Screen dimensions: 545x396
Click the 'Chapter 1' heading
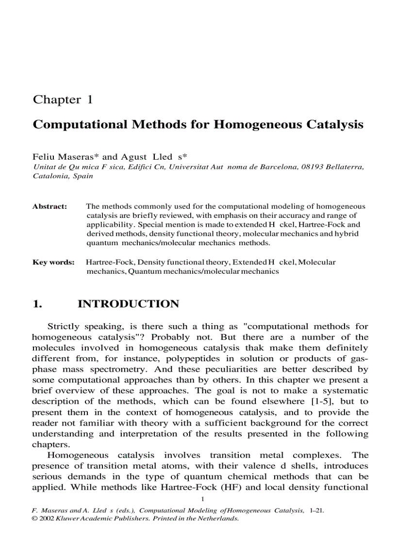pos(62,100)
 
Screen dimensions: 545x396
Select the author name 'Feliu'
pos(43,157)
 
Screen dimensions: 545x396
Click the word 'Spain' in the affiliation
pos(83,176)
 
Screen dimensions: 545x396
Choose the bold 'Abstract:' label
pos(49,206)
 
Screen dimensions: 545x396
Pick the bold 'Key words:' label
pos(53,262)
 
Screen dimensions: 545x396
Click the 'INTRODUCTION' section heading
pos(128,304)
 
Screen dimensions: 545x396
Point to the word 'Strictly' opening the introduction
pos(64,327)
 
